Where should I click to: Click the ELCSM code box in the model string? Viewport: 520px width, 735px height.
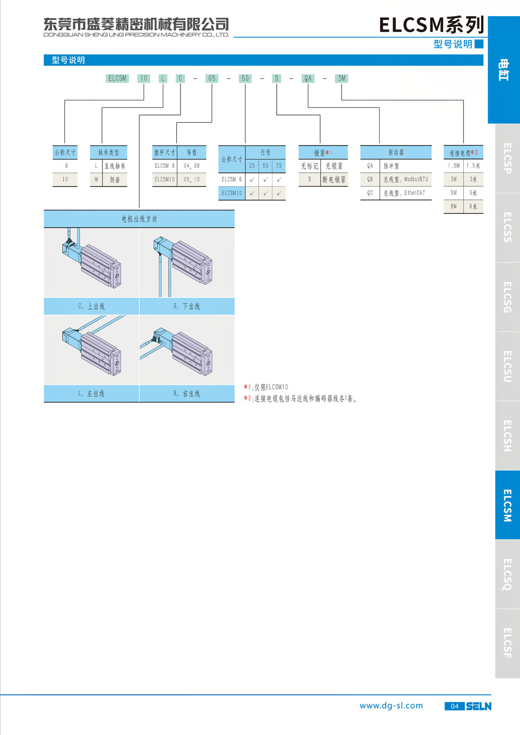click(117, 78)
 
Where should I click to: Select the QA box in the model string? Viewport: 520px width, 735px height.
click(308, 78)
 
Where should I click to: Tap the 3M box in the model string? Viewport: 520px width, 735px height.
click(342, 78)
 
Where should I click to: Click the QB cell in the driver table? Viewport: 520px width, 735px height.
click(370, 179)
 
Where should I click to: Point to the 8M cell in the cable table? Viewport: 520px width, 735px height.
click(453, 206)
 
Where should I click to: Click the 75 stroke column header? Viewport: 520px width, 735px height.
click(279, 166)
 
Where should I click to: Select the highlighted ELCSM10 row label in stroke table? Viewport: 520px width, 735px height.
click(232, 193)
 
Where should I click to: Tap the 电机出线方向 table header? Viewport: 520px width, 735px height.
click(139, 219)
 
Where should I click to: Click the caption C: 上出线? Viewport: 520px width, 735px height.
click(92, 306)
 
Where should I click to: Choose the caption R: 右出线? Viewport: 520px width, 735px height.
click(187, 393)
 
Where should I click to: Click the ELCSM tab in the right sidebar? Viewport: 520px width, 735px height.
click(508, 505)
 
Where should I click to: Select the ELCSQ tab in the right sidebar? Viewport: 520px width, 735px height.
click(508, 574)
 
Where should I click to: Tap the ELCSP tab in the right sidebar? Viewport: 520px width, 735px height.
click(508, 158)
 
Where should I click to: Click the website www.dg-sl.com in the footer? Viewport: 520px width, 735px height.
click(392, 706)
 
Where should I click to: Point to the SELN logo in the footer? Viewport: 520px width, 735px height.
click(479, 706)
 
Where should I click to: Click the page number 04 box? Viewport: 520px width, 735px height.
click(454, 706)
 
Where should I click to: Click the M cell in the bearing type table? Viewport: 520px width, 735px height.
click(96, 179)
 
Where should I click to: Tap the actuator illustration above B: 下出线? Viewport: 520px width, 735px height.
click(187, 263)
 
